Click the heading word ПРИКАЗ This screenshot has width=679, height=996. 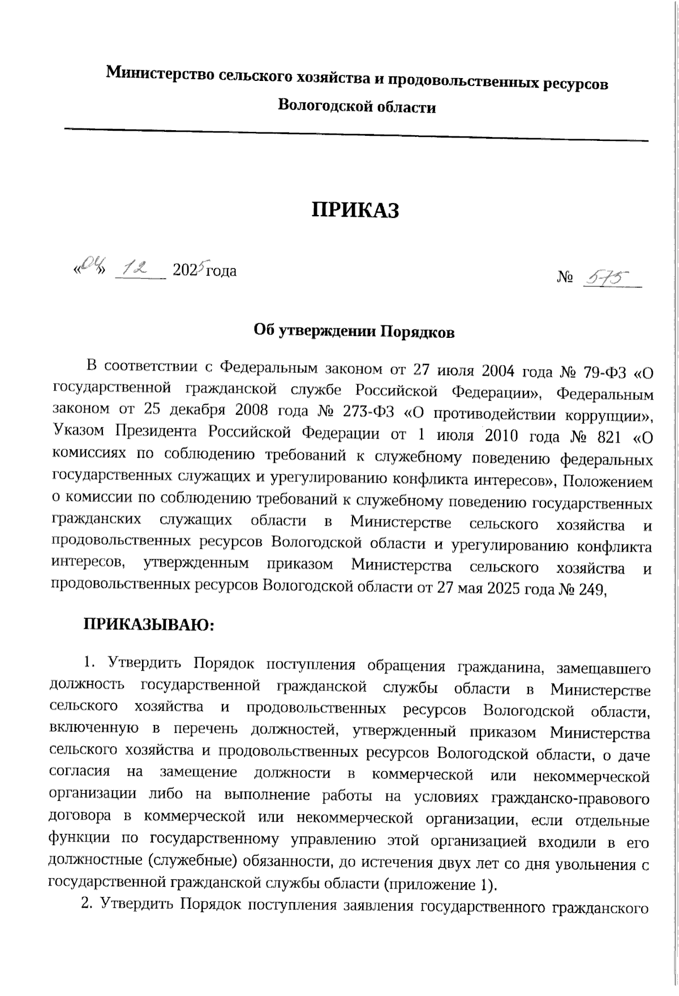(356, 211)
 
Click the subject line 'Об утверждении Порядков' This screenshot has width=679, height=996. (354, 332)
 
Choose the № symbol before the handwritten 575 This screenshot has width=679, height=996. (565, 278)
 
